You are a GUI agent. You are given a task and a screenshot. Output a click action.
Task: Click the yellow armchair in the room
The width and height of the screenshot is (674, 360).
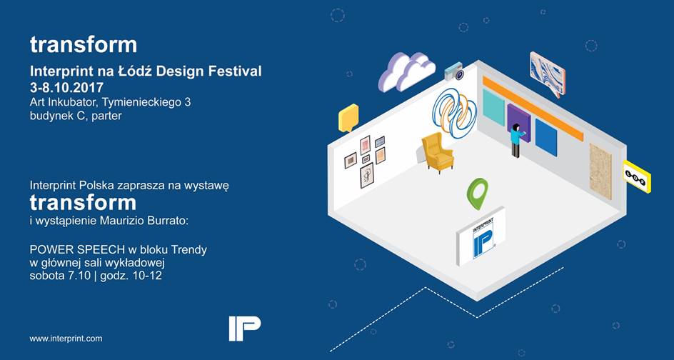437,151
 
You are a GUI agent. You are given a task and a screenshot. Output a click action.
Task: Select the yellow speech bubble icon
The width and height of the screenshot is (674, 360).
348,118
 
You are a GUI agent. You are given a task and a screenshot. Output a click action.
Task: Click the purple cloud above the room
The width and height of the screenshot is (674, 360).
406,72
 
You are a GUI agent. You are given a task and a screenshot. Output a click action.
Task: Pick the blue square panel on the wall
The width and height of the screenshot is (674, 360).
546,138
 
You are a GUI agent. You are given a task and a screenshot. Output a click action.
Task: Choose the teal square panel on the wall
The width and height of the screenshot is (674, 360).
493,107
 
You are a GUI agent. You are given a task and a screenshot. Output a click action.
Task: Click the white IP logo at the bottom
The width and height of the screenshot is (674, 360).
244,328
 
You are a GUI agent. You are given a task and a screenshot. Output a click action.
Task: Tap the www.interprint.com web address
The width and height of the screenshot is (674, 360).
66,339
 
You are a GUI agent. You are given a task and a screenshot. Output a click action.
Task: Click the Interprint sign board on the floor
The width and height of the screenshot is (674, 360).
481,236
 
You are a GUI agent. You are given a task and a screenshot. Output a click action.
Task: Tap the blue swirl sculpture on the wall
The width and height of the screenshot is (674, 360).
453,112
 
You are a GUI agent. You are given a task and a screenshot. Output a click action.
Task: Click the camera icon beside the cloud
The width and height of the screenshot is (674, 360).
454,71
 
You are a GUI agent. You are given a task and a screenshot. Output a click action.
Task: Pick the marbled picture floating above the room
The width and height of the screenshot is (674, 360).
547,73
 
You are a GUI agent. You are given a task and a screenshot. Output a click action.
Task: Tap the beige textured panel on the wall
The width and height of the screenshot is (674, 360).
600,171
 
